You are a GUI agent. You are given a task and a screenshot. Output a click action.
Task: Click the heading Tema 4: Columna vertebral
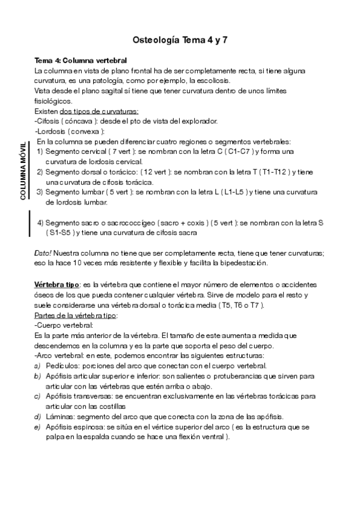(81, 61)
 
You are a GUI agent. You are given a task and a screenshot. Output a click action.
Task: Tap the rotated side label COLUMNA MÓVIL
(23, 171)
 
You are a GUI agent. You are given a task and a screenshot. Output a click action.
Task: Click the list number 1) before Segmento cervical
(40, 152)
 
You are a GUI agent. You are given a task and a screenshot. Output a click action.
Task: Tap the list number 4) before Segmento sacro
(40, 222)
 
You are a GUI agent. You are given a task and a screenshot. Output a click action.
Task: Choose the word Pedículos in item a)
(62, 365)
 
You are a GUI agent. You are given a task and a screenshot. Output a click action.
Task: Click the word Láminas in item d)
(59, 416)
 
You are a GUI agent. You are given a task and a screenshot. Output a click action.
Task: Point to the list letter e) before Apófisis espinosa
(38, 426)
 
